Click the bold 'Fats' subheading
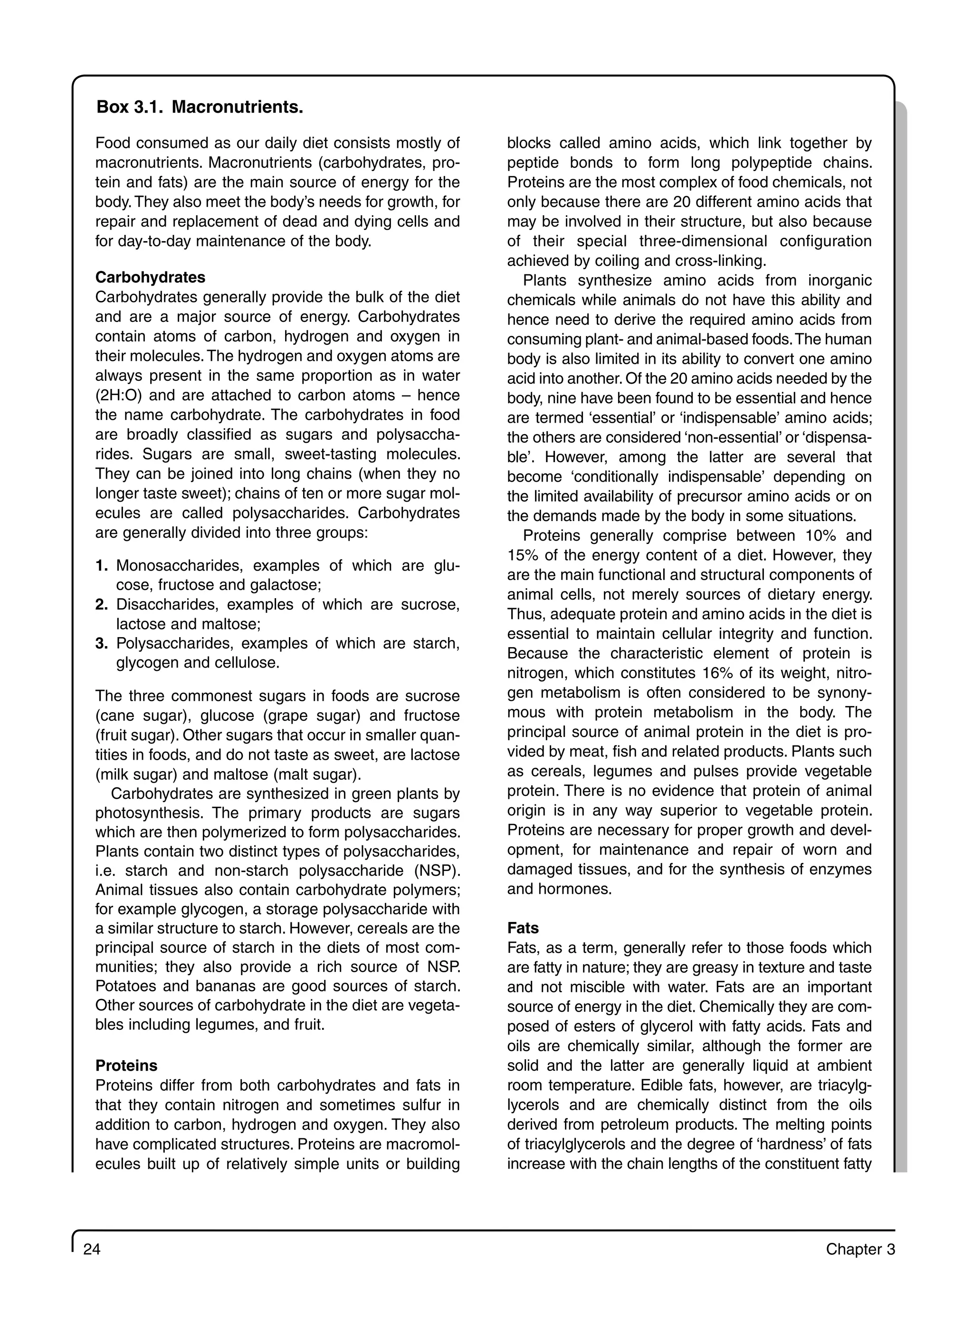523,928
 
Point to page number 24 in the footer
92,1249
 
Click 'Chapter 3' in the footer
860,1249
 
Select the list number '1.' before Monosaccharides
102,566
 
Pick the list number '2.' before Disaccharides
102,605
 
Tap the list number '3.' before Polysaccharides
102,643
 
